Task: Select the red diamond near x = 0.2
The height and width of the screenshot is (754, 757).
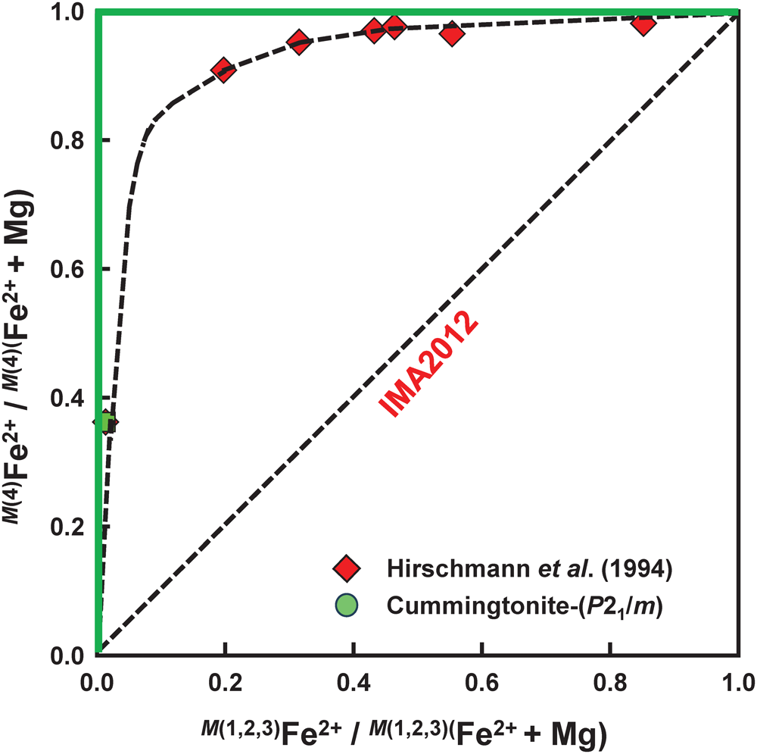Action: point(223,70)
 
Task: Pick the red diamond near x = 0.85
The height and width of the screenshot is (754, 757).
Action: point(644,23)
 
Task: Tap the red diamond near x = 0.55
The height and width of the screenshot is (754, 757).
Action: point(452,34)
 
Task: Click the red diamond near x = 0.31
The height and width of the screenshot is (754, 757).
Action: point(299,42)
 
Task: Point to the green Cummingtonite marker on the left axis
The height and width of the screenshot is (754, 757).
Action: point(104,422)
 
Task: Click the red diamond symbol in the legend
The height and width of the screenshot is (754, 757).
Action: point(350,568)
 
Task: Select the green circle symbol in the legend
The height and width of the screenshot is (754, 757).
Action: point(350,606)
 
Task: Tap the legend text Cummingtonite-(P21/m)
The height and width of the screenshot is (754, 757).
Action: point(525,607)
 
